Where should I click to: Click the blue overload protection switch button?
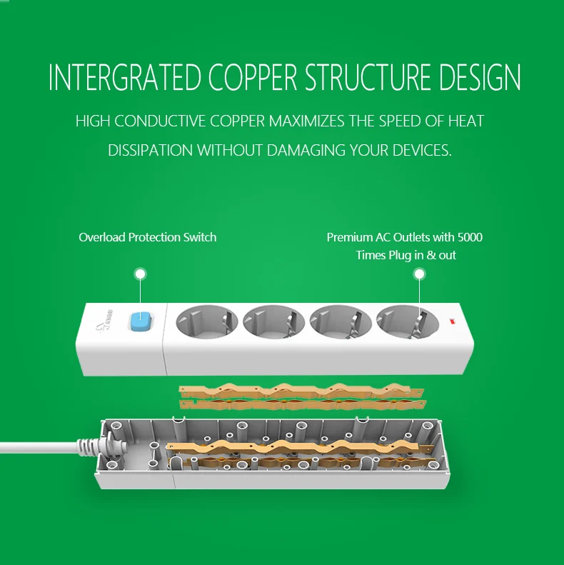[141, 322]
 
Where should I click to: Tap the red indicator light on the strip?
[452, 320]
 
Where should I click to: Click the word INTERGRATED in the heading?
[125, 76]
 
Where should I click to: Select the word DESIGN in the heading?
[480, 76]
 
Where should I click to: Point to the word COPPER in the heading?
[253, 76]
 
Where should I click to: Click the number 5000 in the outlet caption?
[470, 237]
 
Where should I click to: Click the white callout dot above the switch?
[141, 274]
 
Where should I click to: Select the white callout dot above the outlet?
[419, 274]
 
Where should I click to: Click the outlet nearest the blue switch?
[207, 321]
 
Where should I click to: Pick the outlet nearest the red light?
[408, 321]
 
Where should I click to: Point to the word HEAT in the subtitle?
[465, 121]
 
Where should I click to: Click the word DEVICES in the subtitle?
[422, 150]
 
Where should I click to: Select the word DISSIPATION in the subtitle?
[150, 150]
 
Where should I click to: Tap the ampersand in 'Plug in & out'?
[431, 255]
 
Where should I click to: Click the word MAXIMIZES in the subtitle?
[307, 121]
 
